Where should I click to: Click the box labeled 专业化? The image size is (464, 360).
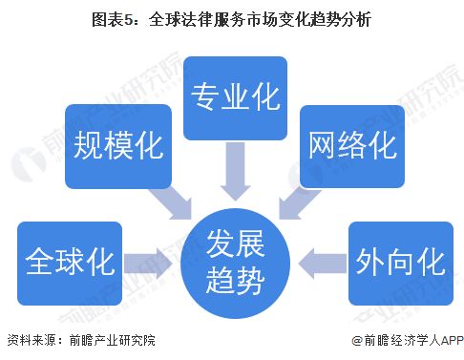coord(232,96)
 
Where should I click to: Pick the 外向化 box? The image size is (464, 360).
coord(395,259)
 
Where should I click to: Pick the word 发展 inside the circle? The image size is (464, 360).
coord(233,246)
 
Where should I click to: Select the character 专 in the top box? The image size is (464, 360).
coord(205,96)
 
